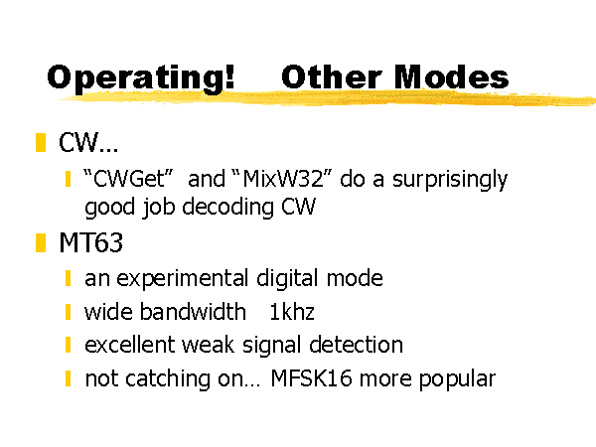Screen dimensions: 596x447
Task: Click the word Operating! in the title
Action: click(x=141, y=78)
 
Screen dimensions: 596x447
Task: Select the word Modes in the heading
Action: click(x=451, y=76)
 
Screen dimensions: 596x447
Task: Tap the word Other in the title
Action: click(x=332, y=76)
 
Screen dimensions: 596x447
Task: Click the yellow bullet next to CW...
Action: click(x=41, y=142)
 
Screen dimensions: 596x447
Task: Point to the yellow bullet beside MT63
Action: click(x=41, y=243)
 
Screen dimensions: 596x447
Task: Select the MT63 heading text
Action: click(x=91, y=242)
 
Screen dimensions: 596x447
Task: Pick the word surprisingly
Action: click(x=450, y=181)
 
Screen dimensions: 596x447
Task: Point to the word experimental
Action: click(x=183, y=279)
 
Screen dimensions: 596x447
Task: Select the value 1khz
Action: click(x=292, y=312)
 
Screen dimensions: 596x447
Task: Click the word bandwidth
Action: click(x=193, y=312)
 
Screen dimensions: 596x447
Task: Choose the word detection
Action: click(x=357, y=345)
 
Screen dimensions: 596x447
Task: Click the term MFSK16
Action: click(x=311, y=378)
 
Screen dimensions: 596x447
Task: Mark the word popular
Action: click(x=457, y=380)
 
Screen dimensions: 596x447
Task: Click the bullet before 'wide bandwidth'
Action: click(x=69, y=312)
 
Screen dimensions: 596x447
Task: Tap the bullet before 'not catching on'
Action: click(x=69, y=378)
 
